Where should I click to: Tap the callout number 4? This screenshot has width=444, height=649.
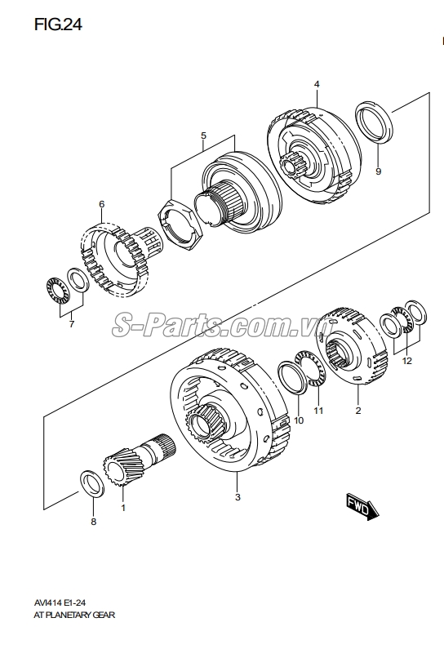317,85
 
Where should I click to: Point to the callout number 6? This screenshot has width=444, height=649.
101,204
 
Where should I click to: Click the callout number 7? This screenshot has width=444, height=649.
70,324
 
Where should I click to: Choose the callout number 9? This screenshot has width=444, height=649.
378,171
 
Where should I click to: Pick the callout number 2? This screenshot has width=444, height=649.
357,412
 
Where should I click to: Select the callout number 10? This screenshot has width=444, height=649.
298,420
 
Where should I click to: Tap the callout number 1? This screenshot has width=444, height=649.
123,508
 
